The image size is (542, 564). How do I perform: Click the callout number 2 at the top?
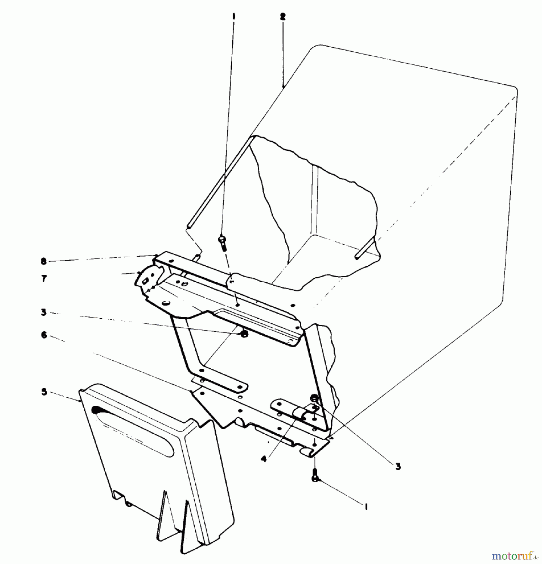click(282, 17)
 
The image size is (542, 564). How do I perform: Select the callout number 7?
click(44, 278)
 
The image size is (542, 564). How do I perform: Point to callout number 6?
click(44, 335)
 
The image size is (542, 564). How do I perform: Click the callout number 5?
click(44, 392)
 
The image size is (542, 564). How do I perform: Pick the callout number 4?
click(264, 459)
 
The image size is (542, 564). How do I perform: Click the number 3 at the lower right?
click(398, 467)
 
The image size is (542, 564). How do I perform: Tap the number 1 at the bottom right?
click(366, 506)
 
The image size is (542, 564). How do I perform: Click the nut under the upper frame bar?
click(244, 334)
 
